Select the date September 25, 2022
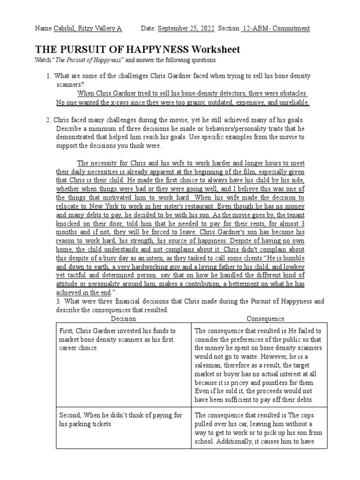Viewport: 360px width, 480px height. [x=186, y=29]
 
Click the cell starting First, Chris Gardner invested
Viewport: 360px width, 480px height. [x=123, y=340]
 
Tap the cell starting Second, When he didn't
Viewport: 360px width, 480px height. [x=123, y=420]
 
